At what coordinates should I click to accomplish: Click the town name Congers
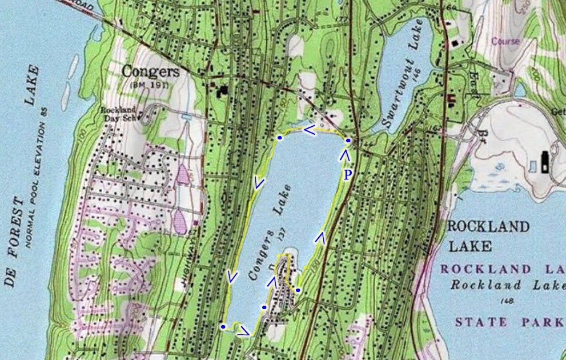point(151,72)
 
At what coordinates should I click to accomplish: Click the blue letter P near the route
point(347,174)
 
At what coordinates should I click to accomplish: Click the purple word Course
point(505,41)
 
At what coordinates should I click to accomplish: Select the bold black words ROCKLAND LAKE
point(488,236)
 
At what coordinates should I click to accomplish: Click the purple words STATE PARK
point(508,322)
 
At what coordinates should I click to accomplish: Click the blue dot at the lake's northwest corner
point(279,138)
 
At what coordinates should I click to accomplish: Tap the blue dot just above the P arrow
point(348,141)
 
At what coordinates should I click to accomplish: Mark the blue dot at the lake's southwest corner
point(223,327)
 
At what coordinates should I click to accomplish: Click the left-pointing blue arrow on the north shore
point(308,131)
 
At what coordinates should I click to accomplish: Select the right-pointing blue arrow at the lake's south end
point(244,330)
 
